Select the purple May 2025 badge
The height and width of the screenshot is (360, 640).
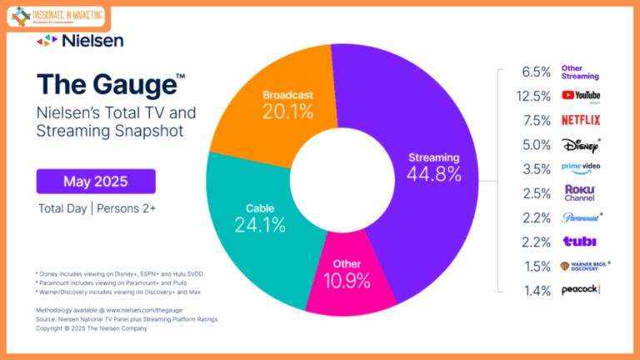[95, 181]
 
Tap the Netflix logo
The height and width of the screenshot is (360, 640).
[580, 120]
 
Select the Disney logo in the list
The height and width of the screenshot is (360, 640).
[580, 144]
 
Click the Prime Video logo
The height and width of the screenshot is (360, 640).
[580, 168]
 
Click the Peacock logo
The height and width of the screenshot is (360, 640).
[580, 289]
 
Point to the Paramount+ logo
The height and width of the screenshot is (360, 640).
[580, 217]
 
